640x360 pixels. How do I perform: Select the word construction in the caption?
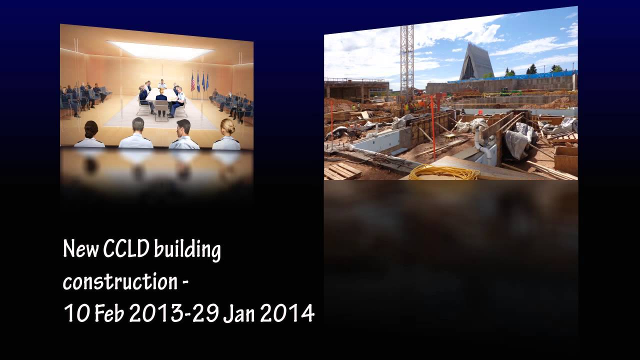(119, 282)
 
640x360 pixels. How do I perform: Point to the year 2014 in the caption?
(287, 314)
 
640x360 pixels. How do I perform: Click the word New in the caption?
(80, 249)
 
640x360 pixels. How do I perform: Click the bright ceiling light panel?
(160, 50)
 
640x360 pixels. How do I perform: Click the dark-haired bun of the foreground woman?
(91, 129)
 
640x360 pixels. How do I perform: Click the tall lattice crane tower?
(406, 60)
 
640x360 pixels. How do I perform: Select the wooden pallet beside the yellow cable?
(342, 171)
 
